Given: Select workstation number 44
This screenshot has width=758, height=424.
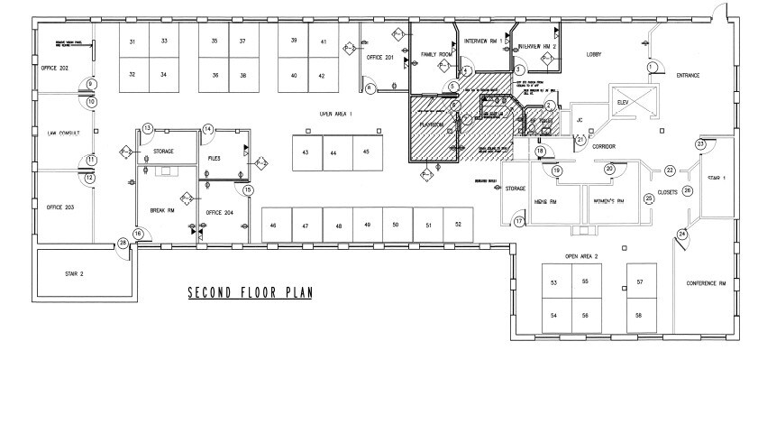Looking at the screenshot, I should [x=333, y=153].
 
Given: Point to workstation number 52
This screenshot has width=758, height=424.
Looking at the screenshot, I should [x=458, y=224].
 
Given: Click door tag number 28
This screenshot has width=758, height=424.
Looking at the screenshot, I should [x=123, y=243].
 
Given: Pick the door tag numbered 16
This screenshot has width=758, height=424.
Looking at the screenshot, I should [x=138, y=235].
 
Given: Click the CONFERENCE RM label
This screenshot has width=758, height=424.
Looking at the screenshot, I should [x=707, y=283].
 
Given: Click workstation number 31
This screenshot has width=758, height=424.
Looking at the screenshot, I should [x=132, y=42].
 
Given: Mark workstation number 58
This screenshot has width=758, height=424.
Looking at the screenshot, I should [x=638, y=314].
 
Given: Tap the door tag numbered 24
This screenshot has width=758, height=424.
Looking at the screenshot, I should [x=682, y=235].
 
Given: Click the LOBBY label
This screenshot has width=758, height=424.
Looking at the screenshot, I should [x=593, y=54].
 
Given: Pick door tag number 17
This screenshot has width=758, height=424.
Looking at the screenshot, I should [x=519, y=220].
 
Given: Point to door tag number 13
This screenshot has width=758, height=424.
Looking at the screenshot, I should [x=147, y=129].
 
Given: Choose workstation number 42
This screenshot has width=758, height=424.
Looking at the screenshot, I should [x=323, y=76].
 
